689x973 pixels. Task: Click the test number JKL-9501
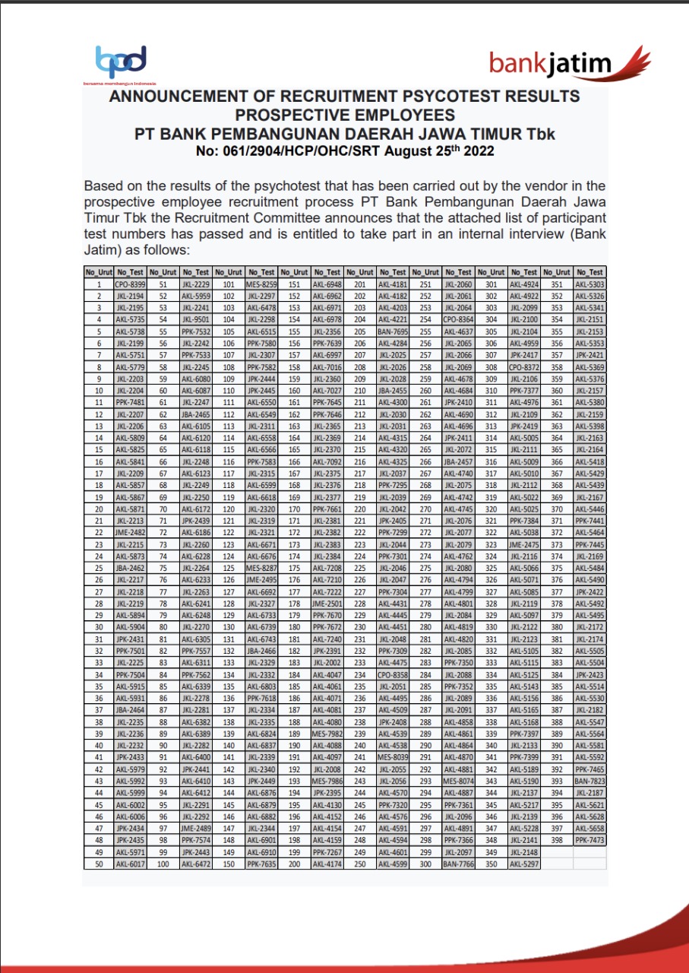pos(196,319)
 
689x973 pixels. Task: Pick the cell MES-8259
pos(262,284)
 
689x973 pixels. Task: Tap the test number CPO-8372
pos(524,366)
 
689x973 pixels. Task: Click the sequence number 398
pos(558,840)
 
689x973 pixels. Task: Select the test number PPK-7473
pos(590,840)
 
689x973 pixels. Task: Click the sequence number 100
pos(163,864)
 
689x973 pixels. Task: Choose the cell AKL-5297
pos(524,864)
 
